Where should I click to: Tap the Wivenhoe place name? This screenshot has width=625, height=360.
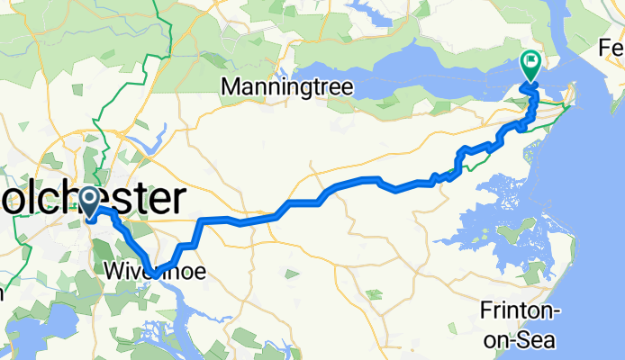tap(149, 270)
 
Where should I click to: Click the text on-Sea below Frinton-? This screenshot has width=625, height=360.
tap(521, 338)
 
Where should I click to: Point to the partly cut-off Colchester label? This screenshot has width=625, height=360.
tap(90, 197)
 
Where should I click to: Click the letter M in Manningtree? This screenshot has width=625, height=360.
tap(230, 88)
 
